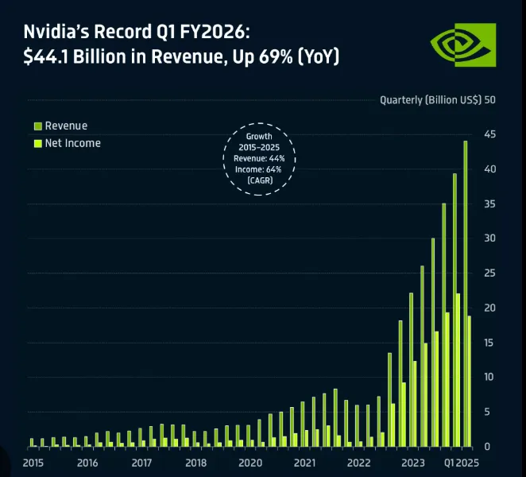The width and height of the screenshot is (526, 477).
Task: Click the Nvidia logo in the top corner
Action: [x=463, y=45]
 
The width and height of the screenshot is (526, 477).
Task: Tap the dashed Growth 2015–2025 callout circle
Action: [x=259, y=159]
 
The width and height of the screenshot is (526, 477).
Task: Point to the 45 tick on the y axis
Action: [x=489, y=134]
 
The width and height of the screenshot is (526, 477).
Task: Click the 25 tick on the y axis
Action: [x=489, y=273]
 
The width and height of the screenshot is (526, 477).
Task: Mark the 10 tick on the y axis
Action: [x=489, y=377]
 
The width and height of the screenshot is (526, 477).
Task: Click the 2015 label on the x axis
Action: [x=33, y=463]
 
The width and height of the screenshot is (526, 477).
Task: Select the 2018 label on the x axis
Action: [x=195, y=463]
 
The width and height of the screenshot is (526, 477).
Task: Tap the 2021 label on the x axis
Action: [x=304, y=463]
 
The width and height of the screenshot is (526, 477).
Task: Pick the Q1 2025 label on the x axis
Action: [x=460, y=463]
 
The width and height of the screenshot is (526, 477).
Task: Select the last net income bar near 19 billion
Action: [x=470, y=381]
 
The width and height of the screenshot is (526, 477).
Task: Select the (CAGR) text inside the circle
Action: [x=259, y=181]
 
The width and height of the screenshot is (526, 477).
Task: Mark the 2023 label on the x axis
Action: [x=413, y=463]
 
